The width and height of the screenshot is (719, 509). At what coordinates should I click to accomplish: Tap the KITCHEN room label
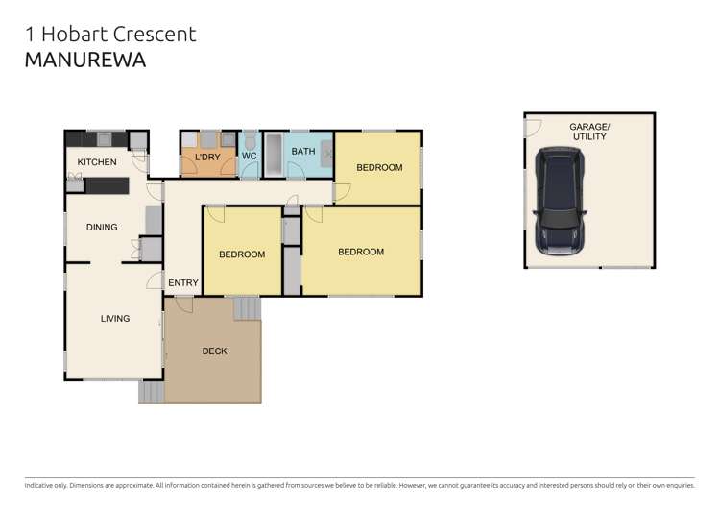pyautogui.click(x=97, y=162)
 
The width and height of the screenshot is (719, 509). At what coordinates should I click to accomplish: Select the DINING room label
pyautogui.click(x=102, y=228)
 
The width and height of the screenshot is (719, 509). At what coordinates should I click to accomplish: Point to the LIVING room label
pyautogui.click(x=115, y=319)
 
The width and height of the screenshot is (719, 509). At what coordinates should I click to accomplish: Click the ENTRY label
pyautogui.click(x=182, y=282)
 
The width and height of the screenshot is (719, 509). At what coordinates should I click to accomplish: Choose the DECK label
pyautogui.click(x=214, y=351)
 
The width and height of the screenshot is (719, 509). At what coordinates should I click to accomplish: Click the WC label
pyautogui.click(x=249, y=156)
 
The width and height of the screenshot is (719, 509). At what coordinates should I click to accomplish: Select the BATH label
pyautogui.click(x=303, y=152)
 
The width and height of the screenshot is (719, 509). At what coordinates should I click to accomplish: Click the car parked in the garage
pyautogui.click(x=558, y=201)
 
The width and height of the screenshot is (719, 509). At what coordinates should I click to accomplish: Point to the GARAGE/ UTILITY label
pyautogui.click(x=589, y=133)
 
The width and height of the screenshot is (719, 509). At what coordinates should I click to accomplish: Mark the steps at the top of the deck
pyautogui.click(x=247, y=308)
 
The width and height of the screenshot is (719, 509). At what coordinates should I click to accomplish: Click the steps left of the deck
pyautogui.click(x=152, y=392)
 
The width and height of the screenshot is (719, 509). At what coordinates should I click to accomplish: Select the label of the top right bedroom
pyautogui.click(x=379, y=168)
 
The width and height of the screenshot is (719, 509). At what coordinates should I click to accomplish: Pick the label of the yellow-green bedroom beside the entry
pyautogui.click(x=242, y=254)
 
